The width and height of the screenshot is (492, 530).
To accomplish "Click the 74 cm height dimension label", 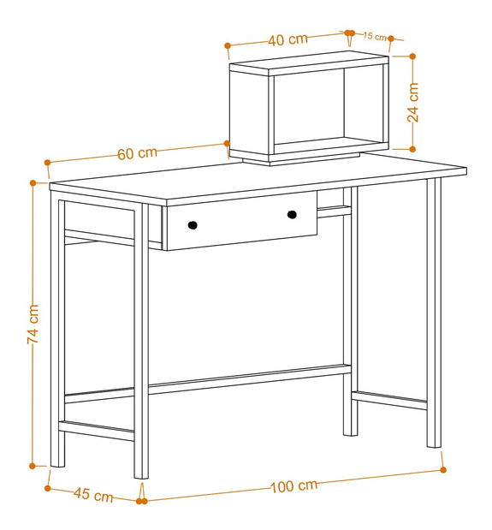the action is pos(33,325).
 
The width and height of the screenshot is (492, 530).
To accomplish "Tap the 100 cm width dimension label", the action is pos(293,485).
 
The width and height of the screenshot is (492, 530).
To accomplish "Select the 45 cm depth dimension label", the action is pos(93,495).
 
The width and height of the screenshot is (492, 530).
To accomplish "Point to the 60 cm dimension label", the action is pos(138,153).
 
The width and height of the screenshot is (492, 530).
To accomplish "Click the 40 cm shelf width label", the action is pos(288,39).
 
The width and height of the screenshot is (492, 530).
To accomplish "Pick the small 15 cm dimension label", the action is pos(375,36).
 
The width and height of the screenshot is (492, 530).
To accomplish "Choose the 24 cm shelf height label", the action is pos(412,103).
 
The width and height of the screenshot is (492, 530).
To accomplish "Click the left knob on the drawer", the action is pos(193,225).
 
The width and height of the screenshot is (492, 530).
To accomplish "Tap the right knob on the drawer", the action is pos(292,215).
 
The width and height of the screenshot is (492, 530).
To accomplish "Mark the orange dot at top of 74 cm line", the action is pos(33,183).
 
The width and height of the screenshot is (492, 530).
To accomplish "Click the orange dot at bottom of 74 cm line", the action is pos(33,466).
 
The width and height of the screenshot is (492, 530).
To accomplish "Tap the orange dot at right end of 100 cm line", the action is pos(443,470).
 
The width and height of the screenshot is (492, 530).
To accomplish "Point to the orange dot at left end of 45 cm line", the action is pos(48,488).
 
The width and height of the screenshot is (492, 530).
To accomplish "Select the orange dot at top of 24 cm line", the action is pos(412,57).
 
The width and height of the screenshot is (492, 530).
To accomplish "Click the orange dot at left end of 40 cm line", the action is pos(228,45).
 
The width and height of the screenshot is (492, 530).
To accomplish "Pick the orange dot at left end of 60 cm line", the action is pos(47,163).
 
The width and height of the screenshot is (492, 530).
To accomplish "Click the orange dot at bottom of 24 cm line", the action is pos(412,149).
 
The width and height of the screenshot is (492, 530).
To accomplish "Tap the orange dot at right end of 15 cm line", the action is pos(391,39).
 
